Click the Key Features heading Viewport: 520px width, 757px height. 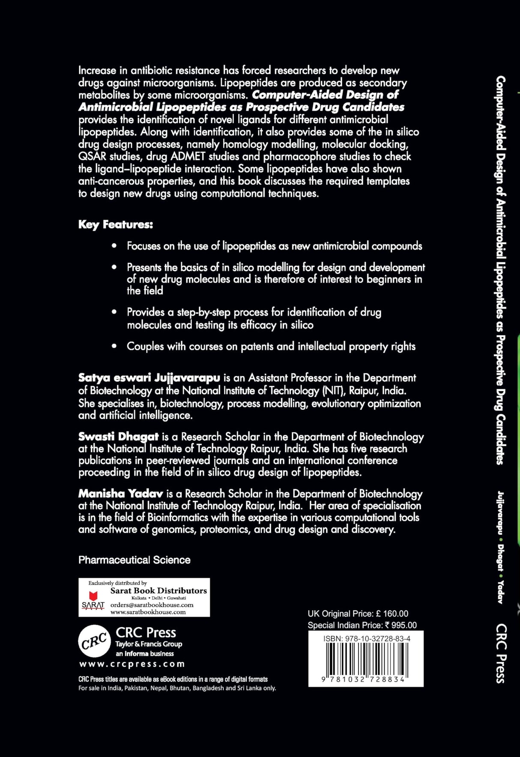[x=115, y=225]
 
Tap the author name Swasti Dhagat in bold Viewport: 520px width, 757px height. [x=118, y=437]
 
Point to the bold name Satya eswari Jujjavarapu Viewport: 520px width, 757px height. [x=149, y=378]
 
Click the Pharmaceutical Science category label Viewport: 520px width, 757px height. [x=134, y=560]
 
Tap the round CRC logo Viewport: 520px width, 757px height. [x=94, y=641]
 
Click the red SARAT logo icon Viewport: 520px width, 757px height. [x=93, y=596]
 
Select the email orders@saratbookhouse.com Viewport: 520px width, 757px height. [x=152, y=605]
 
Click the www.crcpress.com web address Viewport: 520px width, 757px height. [x=132, y=664]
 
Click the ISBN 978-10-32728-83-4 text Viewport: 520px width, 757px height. [x=367, y=638]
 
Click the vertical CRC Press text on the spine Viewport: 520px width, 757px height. [x=501, y=653]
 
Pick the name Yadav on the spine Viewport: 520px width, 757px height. [x=500, y=592]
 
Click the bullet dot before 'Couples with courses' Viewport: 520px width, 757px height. [x=114, y=346]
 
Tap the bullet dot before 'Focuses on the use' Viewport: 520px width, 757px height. [x=114, y=246]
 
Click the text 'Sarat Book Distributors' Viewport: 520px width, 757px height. [x=158, y=590]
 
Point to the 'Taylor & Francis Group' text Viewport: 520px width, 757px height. [x=149, y=644]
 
